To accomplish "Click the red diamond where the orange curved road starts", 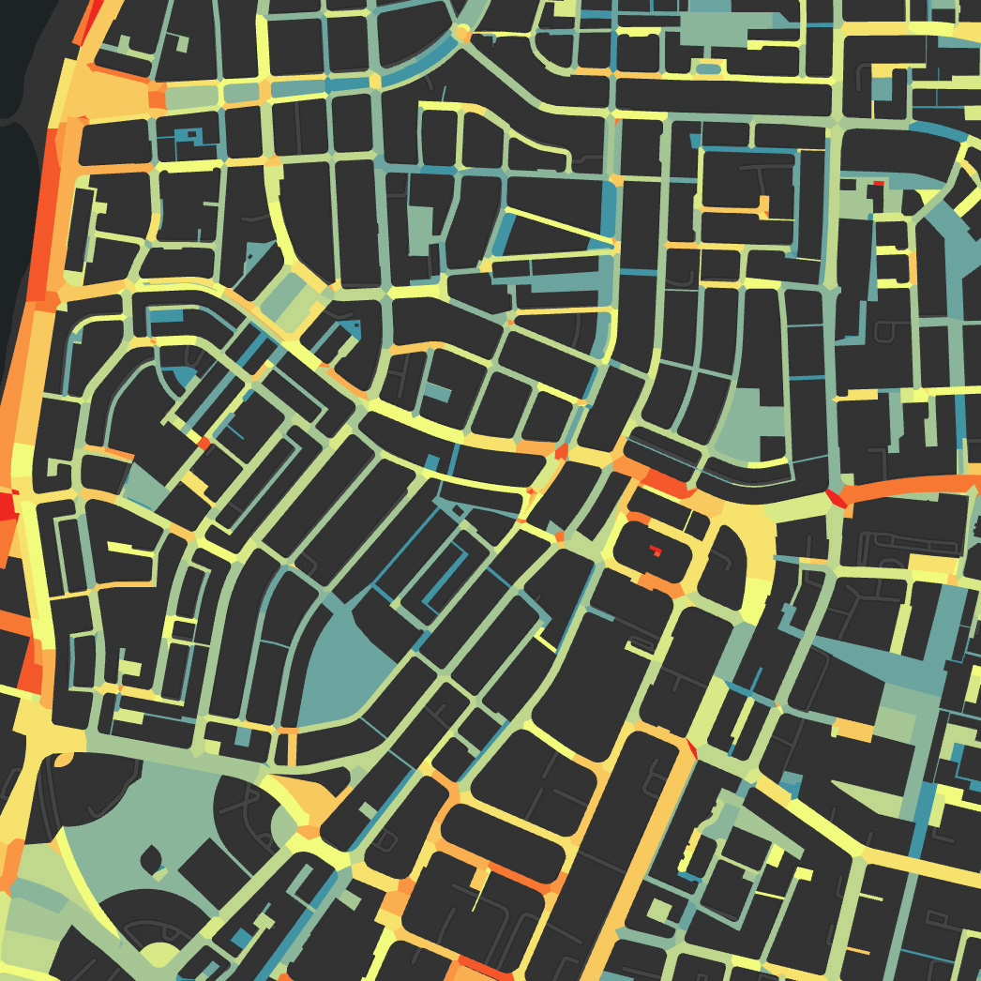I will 836,497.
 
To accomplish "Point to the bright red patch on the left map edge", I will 7,506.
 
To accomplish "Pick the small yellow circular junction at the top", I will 461,34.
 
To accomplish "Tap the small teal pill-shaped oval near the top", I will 709,68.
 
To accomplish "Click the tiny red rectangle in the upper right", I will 879,184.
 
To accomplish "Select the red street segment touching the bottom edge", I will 483,971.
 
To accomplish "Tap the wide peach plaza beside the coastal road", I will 113,94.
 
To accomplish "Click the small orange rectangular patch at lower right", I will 853,729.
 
